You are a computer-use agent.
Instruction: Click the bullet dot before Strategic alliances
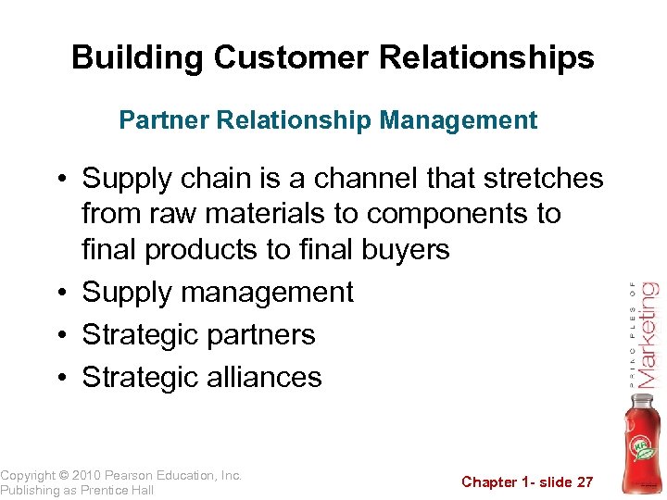pos(67,378)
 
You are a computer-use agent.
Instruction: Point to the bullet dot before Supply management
pos(67,294)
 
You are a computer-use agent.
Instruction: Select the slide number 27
pos(584,481)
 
